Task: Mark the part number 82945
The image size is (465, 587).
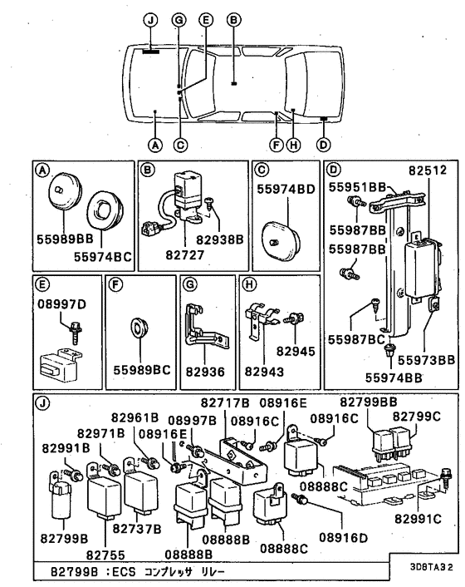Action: tap(296, 352)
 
